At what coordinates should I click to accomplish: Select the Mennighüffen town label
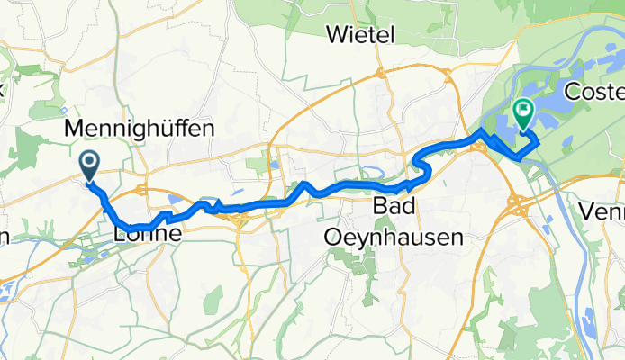(x=140, y=129)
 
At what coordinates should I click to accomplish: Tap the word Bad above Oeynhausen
(x=394, y=208)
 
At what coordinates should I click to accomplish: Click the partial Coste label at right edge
(x=593, y=92)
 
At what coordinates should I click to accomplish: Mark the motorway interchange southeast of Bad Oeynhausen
(x=521, y=208)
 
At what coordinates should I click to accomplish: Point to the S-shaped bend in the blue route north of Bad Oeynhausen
(x=421, y=166)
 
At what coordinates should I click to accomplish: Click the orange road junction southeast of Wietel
(x=382, y=72)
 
